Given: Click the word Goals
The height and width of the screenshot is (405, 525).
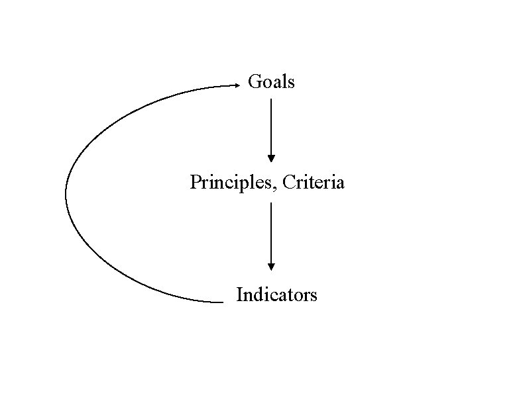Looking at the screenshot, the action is pyautogui.click(x=271, y=82).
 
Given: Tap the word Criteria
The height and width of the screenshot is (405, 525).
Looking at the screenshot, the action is pyautogui.click(x=313, y=182).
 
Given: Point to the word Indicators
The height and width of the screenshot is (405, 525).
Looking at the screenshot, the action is pyautogui.click(x=276, y=294).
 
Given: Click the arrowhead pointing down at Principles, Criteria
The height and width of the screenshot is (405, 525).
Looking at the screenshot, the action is pyautogui.click(x=271, y=158).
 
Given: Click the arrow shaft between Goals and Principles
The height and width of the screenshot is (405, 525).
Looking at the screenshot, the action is pyautogui.click(x=271, y=126).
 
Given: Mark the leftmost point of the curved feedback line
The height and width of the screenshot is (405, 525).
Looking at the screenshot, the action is pyautogui.click(x=66, y=194).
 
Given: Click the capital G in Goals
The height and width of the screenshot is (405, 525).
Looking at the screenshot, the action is pyautogui.click(x=255, y=82).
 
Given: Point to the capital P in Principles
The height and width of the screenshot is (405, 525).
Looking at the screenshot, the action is pyautogui.click(x=195, y=182).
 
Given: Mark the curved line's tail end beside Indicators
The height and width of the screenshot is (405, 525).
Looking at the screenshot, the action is pyautogui.click(x=223, y=302).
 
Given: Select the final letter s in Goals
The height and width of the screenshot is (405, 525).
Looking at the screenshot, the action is pyautogui.click(x=291, y=83).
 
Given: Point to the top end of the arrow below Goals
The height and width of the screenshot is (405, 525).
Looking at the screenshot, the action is pyautogui.click(x=271, y=99).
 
